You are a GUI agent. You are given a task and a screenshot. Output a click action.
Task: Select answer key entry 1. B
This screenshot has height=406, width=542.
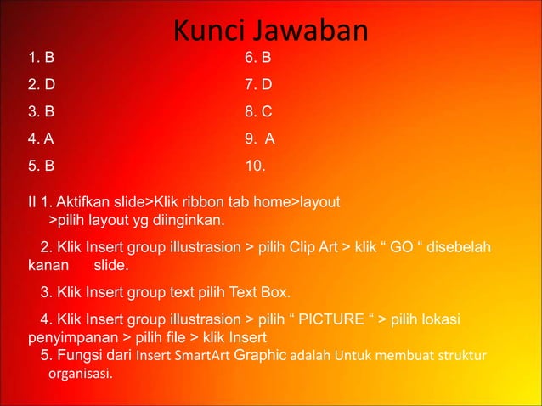pos(41,59)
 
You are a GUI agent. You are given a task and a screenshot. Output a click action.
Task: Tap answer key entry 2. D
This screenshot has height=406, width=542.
pos(41,85)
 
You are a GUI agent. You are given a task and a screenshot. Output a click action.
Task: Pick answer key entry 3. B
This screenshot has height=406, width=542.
pos(41,111)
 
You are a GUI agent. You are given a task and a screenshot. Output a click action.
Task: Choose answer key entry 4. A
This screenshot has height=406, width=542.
pos(41,138)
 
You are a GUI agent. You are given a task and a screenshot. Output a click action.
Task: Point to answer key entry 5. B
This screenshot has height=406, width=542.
pos(41,165)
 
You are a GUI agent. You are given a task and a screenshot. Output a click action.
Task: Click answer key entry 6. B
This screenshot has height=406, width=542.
pos(257,59)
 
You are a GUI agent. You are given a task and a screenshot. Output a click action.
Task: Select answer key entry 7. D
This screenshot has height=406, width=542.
pos(258,85)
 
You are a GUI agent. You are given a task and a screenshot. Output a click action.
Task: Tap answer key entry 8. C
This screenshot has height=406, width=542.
pos(258,111)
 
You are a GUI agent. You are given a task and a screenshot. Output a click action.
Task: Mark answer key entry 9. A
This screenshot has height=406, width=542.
pos(259,138)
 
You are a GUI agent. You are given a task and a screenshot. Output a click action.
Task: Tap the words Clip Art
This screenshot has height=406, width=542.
pos(309,248)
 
